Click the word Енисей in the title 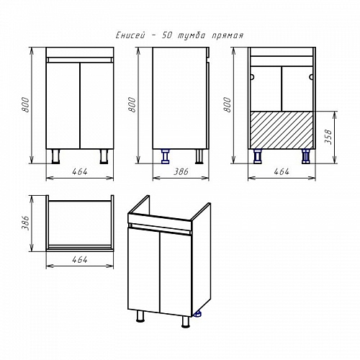click(x=130, y=35)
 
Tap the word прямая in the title click(x=228, y=36)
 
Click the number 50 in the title click(x=166, y=35)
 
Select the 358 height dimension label click(x=328, y=137)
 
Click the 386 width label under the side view click(x=181, y=171)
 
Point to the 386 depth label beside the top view click(x=25, y=223)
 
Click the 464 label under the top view click(x=80, y=260)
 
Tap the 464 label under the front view click(x=80, y=171)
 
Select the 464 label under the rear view click(x=282, y=171)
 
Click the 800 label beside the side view click(x=132, y=104)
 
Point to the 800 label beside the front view click(x=25, y=104)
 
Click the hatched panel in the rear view click(x=282, y=130)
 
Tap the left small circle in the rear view click(x=252, y=77)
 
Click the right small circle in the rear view click(x=311, y=77)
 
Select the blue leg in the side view click(x=165, y=156)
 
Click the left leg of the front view click(x=55, y=156)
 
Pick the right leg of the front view click(x=104, y=156)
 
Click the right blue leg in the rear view click(x=305, y=156)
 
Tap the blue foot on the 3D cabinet click(x=197, y=314)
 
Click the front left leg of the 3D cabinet click(x=140, y=316)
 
